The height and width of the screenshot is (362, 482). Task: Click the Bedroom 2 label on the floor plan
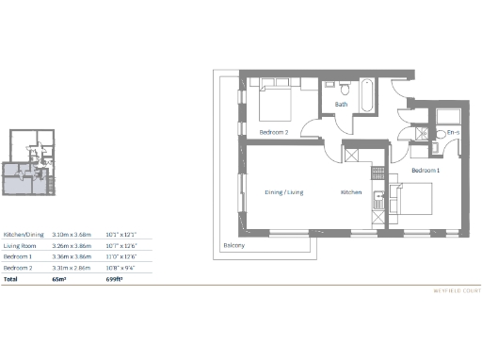(x=273, y=133)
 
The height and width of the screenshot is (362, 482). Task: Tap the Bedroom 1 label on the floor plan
(x=426, y=170)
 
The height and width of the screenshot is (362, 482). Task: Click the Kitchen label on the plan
(x=350, y=192)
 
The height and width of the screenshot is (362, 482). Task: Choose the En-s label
(x=452, y=133)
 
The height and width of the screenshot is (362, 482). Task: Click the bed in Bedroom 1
(x=413, y=200)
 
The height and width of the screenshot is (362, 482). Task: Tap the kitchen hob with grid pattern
(x=354, y=156)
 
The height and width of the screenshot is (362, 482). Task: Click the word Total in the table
(x=11, y=280)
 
